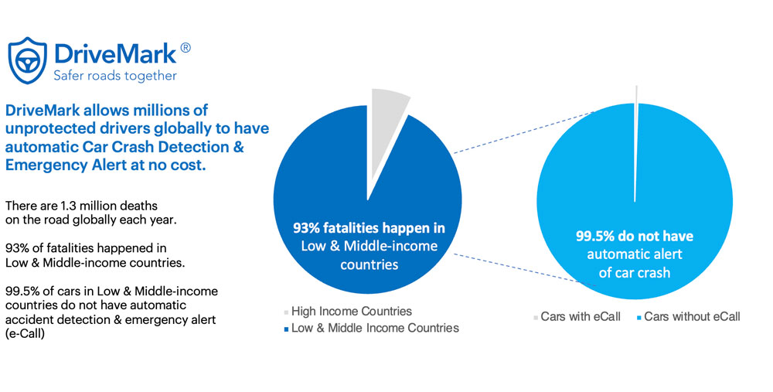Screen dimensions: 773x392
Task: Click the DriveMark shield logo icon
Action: pos(27,60)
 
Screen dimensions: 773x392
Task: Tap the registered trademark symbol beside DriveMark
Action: pos(186,48)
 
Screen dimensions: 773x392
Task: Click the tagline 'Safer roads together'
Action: pos(115,76)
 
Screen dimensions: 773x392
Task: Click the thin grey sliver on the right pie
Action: pos(636,143)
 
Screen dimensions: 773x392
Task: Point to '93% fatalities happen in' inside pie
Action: pos(369,228)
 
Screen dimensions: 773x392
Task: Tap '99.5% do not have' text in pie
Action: pos(635,236)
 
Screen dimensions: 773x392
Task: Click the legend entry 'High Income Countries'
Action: pos(348,312)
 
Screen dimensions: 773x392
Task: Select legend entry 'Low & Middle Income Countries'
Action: pos(371,329)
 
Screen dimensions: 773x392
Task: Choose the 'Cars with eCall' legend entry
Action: pos(577,317)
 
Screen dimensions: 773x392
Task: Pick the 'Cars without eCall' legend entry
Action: pos(688,317)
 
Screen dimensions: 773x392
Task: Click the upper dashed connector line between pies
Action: pos(524,132)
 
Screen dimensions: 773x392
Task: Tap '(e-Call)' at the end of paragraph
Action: pos(26,334)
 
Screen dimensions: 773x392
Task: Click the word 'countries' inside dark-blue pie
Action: pos(369,264)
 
